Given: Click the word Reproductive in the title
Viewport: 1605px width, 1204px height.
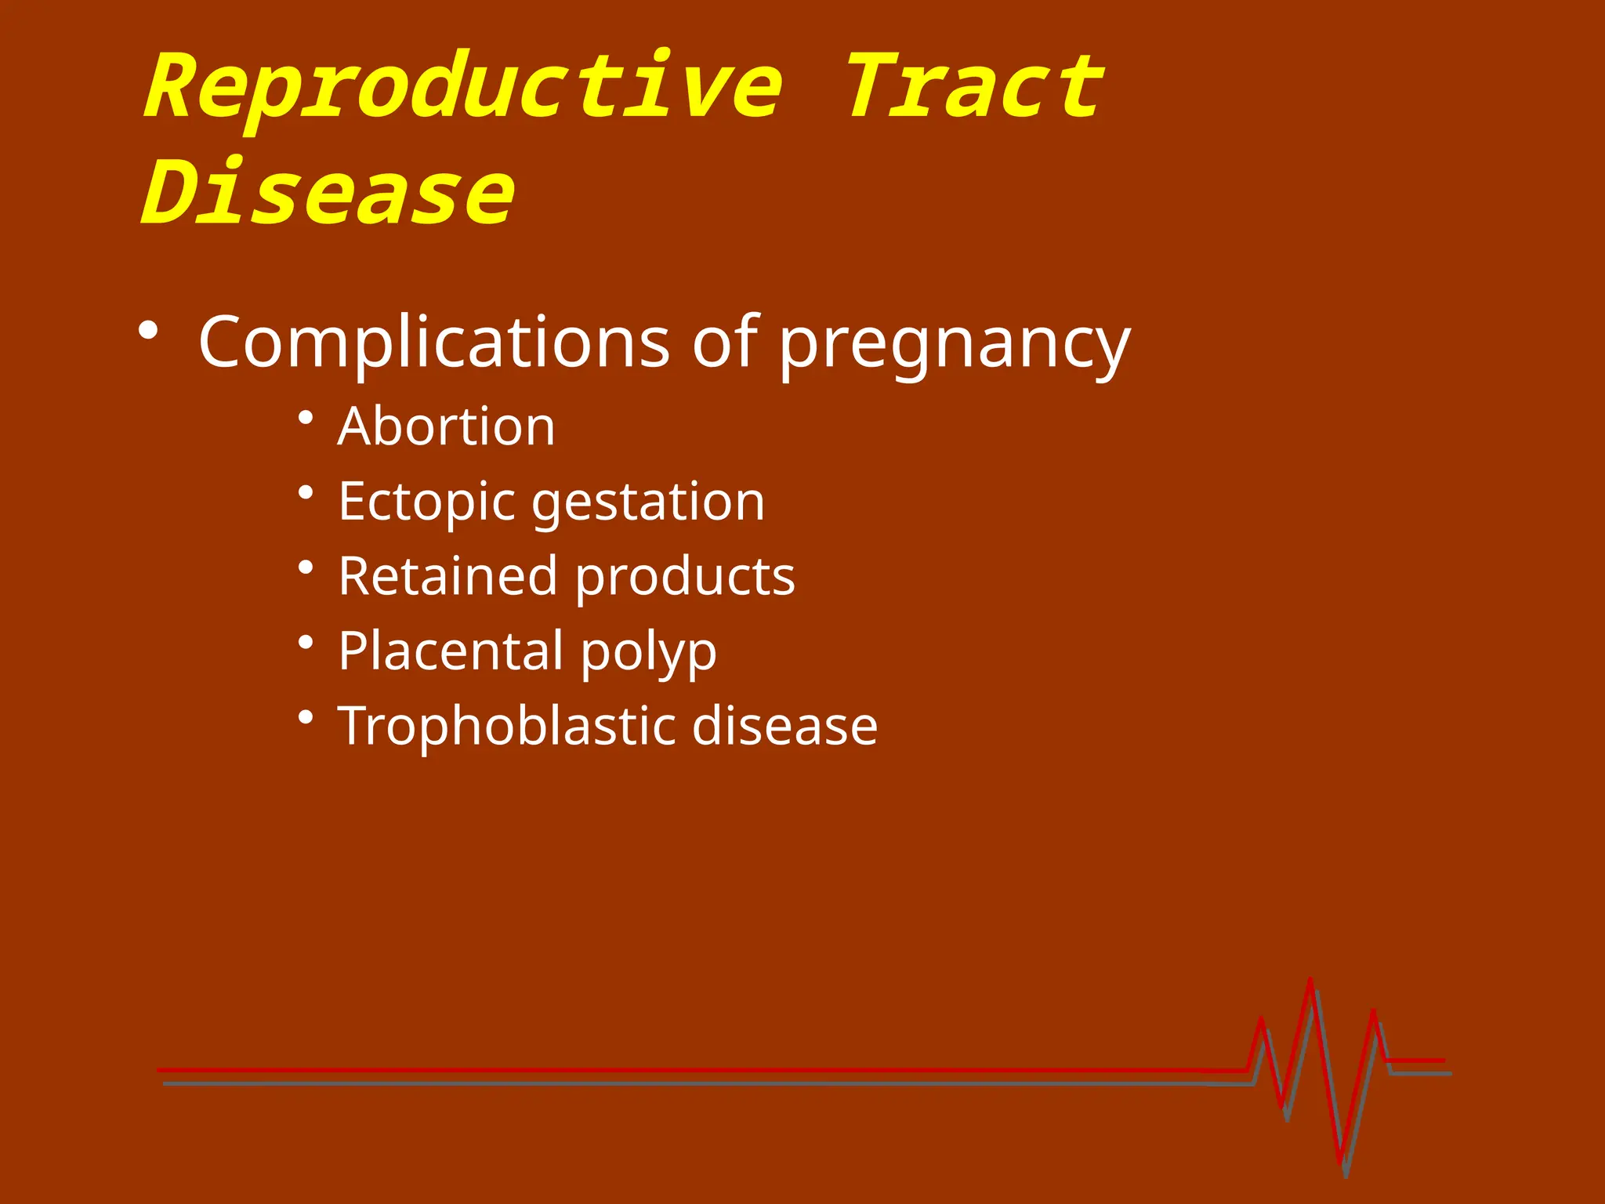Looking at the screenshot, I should click(462, 88).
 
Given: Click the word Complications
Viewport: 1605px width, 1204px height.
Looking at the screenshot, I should click(434, 342).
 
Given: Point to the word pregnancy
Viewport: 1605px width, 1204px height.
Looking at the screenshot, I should click(954, 345).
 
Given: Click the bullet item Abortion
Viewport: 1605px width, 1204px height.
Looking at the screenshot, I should click(446, 427).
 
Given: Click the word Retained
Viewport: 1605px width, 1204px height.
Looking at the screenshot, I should click(447, 576).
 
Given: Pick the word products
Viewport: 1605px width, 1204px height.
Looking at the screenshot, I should click(685, 578).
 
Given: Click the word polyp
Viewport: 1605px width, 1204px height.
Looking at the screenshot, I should click(648, 653).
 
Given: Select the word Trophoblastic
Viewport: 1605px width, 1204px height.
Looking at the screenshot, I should click(505, 726).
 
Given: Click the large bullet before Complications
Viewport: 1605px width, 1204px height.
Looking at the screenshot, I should click(148, 331).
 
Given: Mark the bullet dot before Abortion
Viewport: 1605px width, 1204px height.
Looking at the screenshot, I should click(306, 417).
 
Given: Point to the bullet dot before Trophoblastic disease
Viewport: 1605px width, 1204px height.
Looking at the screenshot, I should click(306, 716).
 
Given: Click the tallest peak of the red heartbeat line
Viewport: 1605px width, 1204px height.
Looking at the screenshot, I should click(1310, 981).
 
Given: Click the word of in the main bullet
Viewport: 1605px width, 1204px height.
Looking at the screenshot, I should click(724, 342).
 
